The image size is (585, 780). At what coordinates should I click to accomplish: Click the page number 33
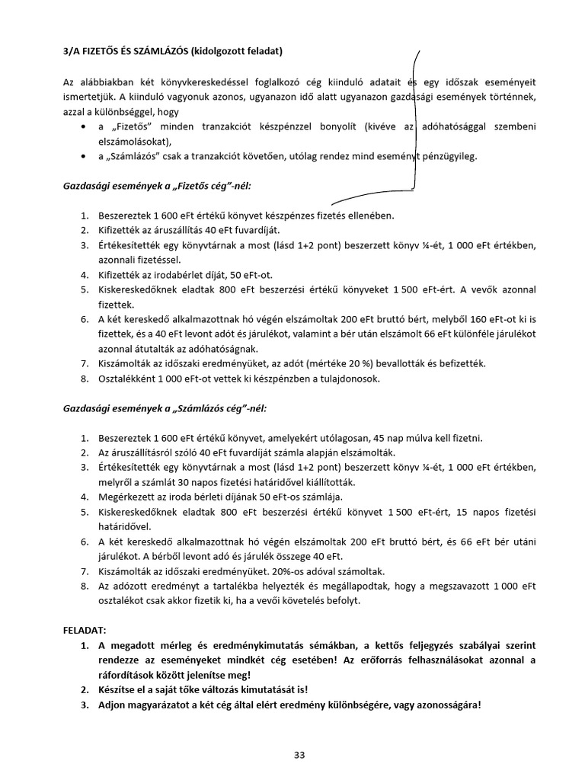299,755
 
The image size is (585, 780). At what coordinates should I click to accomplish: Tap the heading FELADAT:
85,631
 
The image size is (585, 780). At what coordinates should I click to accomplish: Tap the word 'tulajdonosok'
360,379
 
